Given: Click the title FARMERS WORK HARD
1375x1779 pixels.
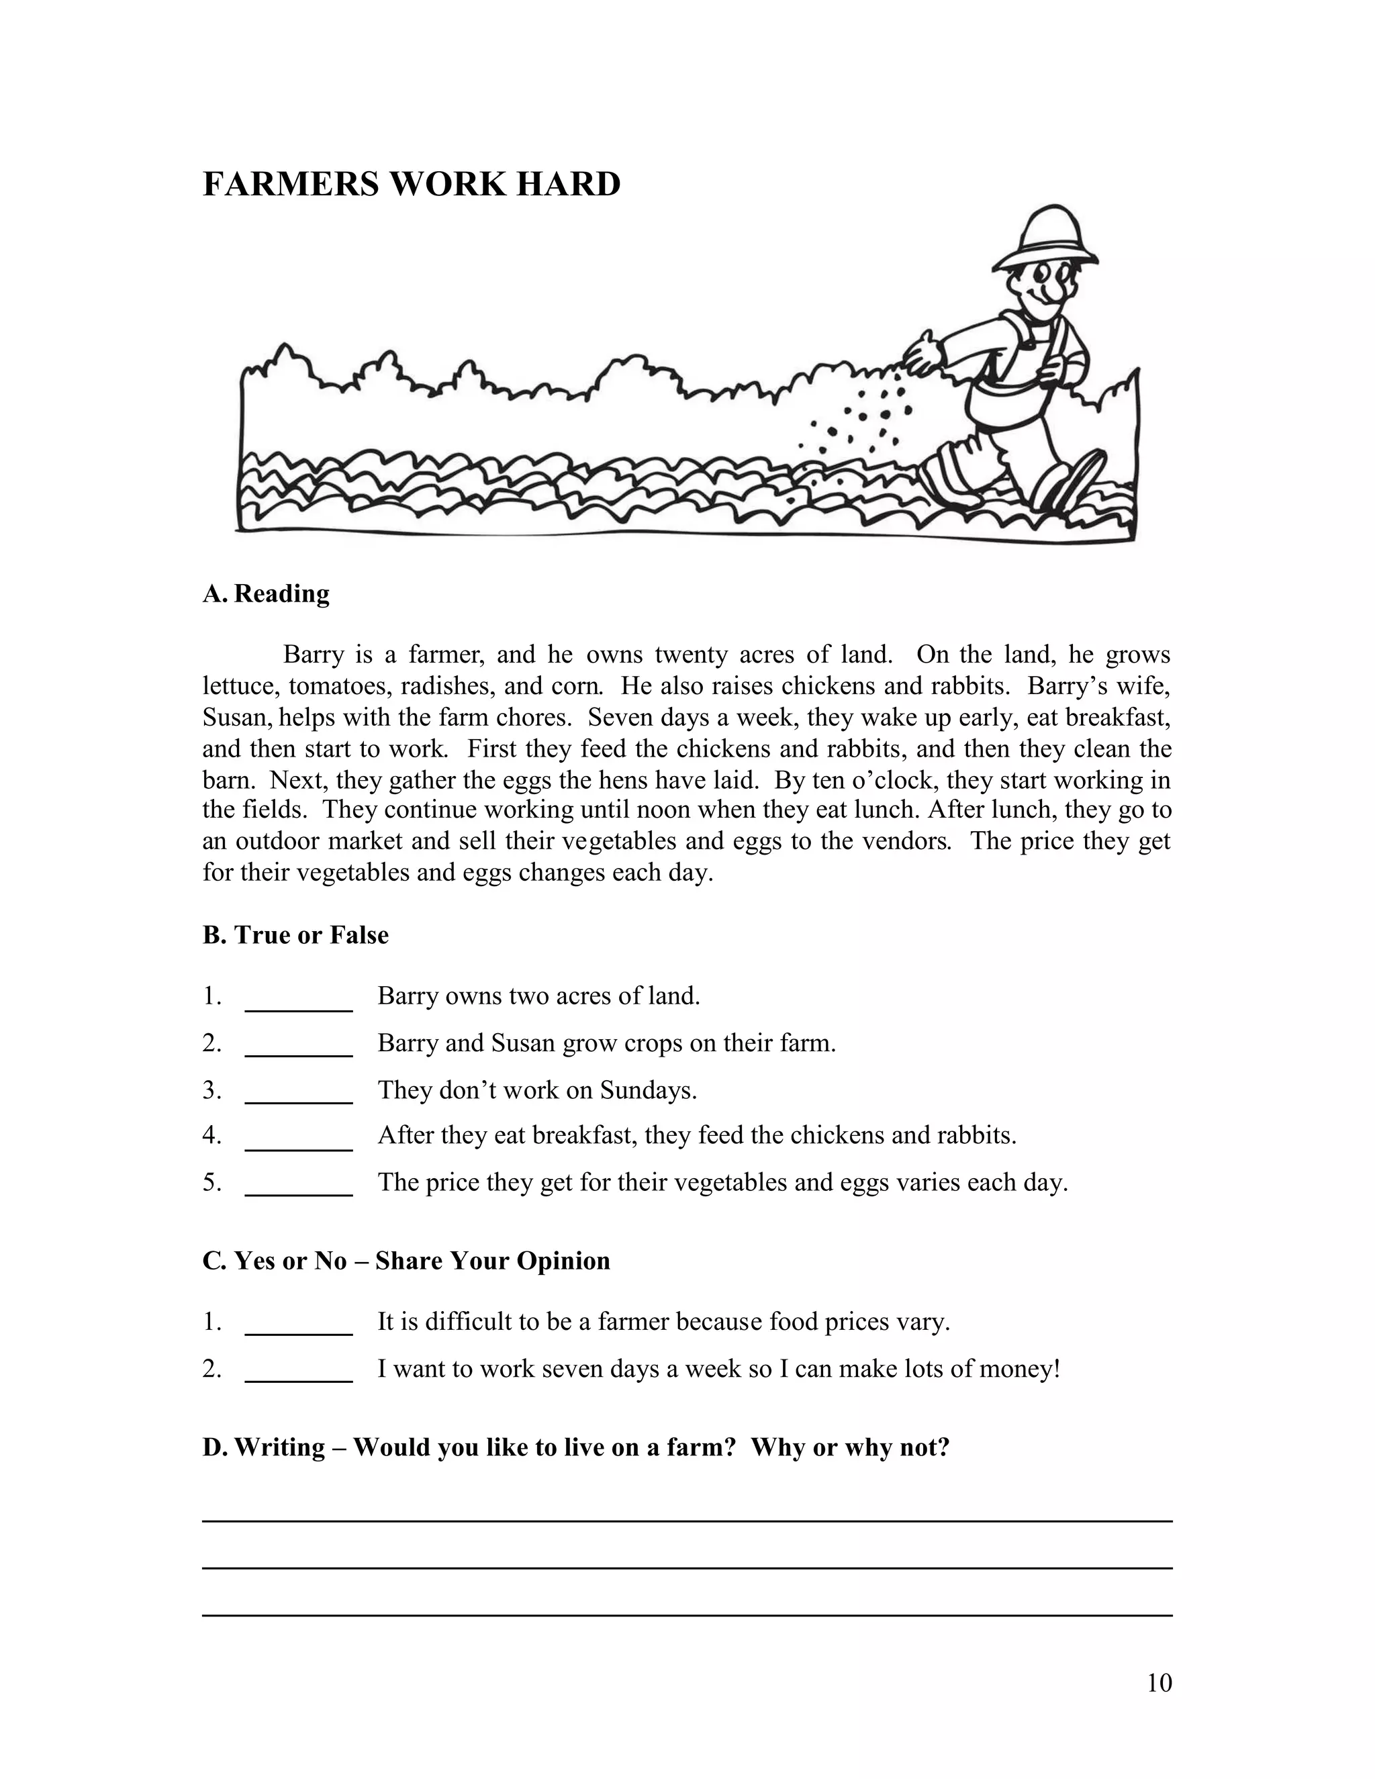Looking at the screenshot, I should pos(412,184).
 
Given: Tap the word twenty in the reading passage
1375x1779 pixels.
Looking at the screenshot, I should pos(690,655).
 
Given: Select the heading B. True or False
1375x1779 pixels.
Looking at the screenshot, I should pos(295,934).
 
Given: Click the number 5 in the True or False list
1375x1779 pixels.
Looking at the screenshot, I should pos(211,1183).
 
